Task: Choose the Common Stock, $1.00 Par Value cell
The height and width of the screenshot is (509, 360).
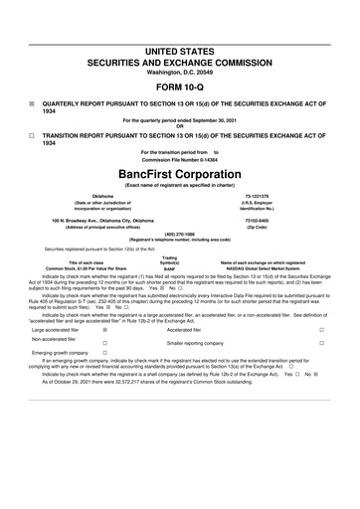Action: pos(66,268)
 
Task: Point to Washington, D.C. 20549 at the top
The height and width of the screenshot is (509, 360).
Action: pos(180,45)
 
